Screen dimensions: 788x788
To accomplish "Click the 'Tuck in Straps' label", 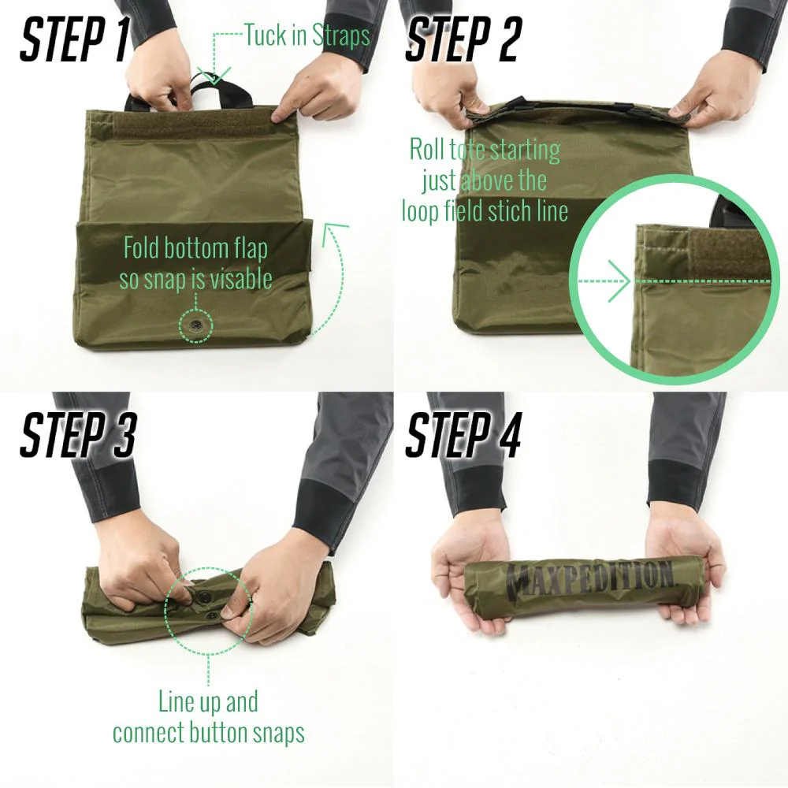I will [x=307, y=35].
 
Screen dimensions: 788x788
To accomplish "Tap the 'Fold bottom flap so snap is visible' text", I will [x=195, y=263].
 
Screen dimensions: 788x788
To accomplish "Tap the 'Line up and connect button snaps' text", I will [x=208, y=717].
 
